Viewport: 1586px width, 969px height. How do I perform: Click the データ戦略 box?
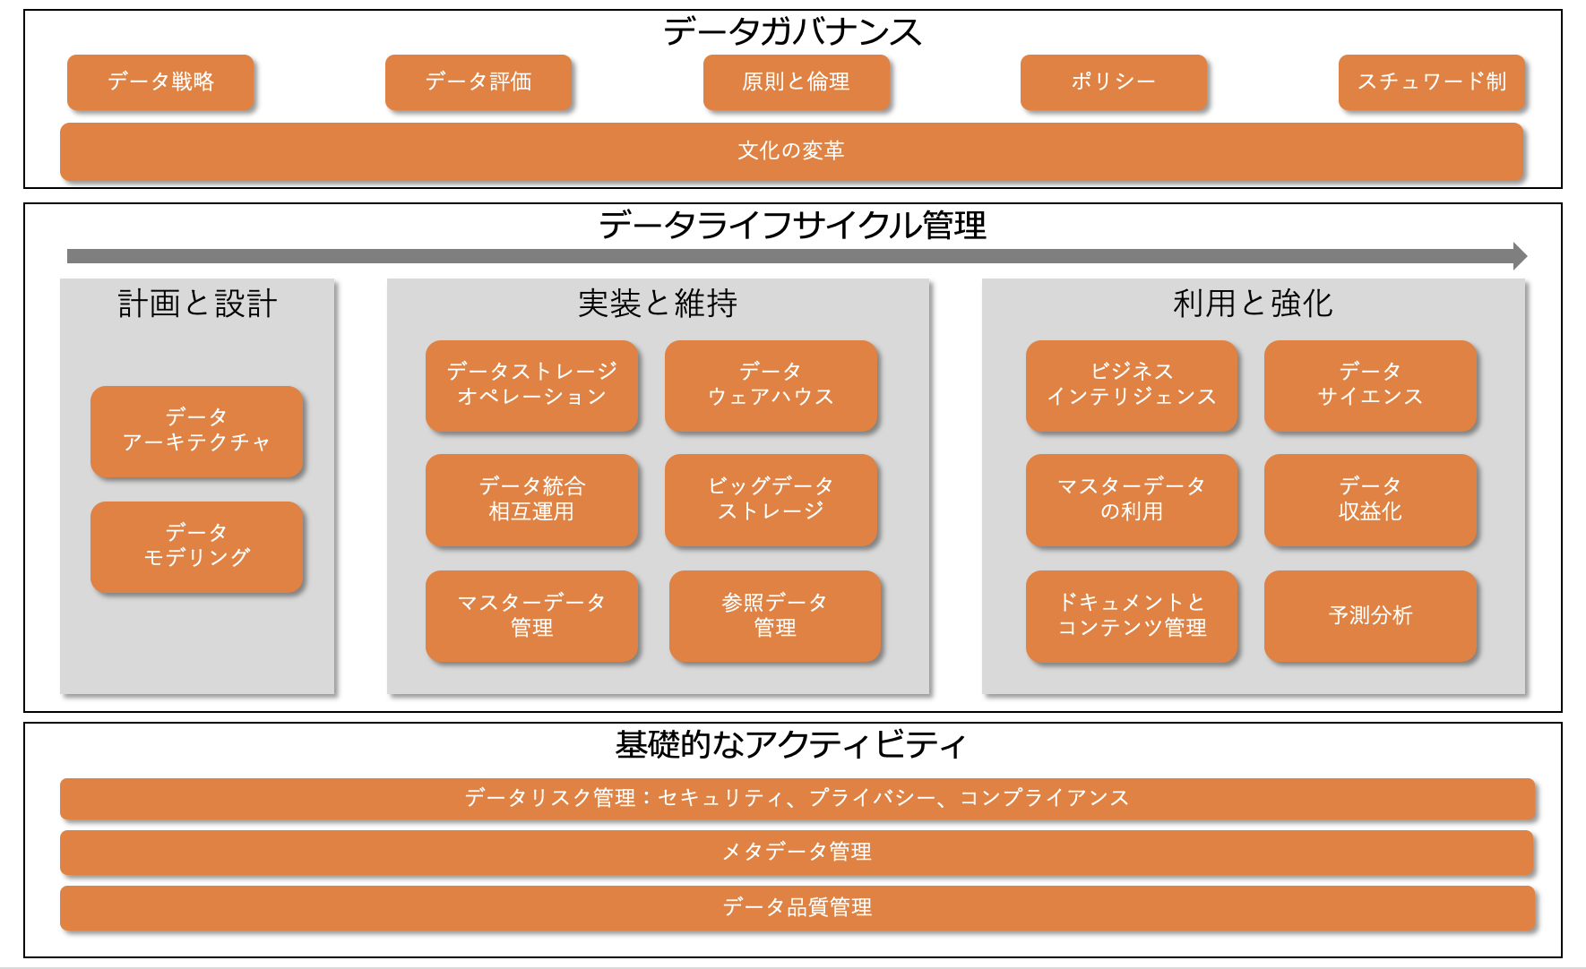click(160, 82)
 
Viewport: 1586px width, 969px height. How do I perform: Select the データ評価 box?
click(478, 82)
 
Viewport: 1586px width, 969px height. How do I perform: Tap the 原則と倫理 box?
click(796, 82)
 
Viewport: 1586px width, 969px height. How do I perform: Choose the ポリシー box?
click(1114, 82)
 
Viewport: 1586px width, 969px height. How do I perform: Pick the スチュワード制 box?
click(1431, 82)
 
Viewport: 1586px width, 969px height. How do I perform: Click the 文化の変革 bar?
click(791, 151)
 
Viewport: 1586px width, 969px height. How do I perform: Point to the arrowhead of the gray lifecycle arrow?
click(1520, 256)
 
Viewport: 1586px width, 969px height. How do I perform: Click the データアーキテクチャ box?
click(197, 431)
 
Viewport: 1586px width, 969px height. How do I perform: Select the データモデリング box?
click(197, 546)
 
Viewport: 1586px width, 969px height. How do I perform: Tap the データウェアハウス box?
click(771, 385)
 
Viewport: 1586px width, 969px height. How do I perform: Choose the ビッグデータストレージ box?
click(771, 500)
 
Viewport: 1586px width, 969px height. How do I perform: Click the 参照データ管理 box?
click(775, 615)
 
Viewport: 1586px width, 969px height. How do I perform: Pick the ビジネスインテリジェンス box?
click(1132, 385)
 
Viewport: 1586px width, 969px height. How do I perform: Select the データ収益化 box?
click(1370, 500)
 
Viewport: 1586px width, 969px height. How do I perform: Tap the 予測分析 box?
click(1370, 615)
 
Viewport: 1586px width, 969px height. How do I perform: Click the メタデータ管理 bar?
click(797, 852)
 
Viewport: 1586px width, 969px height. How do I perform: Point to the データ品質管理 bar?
click(797, 908)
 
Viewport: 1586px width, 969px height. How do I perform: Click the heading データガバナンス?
click(792, 32)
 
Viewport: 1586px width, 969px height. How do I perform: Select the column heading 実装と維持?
click(658, 304)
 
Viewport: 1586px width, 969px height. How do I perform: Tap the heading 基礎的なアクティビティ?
click(791, 745)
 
